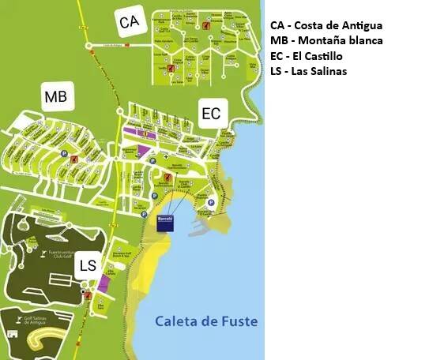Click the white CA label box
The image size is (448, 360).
coord(130,23)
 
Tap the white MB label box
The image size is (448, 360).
coord(56,97)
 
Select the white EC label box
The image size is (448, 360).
coord(211,114)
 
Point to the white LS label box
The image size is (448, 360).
coord(88,266)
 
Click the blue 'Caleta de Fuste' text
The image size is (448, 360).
coord(206,321)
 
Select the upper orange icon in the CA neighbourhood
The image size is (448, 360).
coord(205,25)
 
